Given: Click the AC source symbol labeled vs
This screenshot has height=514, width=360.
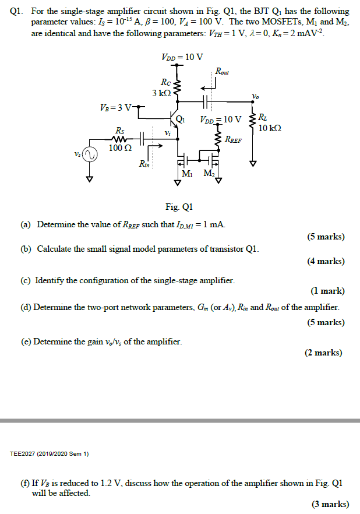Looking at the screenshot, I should click(x=89, y=155).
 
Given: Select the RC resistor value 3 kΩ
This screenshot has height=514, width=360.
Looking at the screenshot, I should click(x=161, y=93).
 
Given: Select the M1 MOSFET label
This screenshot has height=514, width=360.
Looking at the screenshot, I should click(x=188, y=174).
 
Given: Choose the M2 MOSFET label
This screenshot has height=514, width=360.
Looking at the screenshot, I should click(x=209, y=174).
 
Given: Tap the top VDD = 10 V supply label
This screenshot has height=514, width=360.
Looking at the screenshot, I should click(x=182, y=57).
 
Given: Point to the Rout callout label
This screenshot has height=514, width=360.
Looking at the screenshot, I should click(x=222, y=72).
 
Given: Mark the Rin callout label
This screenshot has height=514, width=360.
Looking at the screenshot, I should click(x=144, y=165).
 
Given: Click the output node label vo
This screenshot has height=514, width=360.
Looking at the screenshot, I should click(x=255, y=96).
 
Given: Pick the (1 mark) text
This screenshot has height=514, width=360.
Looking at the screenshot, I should click(x=328, y=291).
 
